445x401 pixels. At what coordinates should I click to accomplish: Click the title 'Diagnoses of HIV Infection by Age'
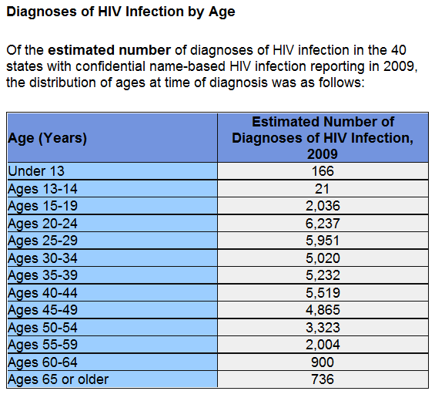121,12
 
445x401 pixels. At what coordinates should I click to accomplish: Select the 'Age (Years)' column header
48,138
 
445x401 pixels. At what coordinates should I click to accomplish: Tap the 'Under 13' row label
36,171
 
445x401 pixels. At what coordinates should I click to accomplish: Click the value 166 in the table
323,171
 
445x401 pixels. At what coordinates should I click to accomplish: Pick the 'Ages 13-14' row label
42,189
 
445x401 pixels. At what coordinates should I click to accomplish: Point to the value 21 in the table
322,189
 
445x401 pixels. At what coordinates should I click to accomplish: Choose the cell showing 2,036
323,206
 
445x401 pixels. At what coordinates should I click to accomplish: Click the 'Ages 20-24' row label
42,224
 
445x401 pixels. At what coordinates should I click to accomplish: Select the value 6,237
323,224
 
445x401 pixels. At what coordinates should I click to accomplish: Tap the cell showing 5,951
323,241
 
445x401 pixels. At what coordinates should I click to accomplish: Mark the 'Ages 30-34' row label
42,258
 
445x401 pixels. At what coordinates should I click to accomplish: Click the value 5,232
323,275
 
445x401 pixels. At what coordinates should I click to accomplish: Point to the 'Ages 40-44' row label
42,293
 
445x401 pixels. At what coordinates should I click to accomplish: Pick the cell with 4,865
323,310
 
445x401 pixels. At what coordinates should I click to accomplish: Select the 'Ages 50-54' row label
42,328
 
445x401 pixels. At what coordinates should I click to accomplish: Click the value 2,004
323,345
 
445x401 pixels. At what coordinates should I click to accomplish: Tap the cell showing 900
323,362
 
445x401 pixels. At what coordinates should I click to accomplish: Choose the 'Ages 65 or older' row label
59,379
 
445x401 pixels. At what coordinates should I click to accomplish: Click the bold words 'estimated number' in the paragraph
109,50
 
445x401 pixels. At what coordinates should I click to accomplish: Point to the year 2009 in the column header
323,154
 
